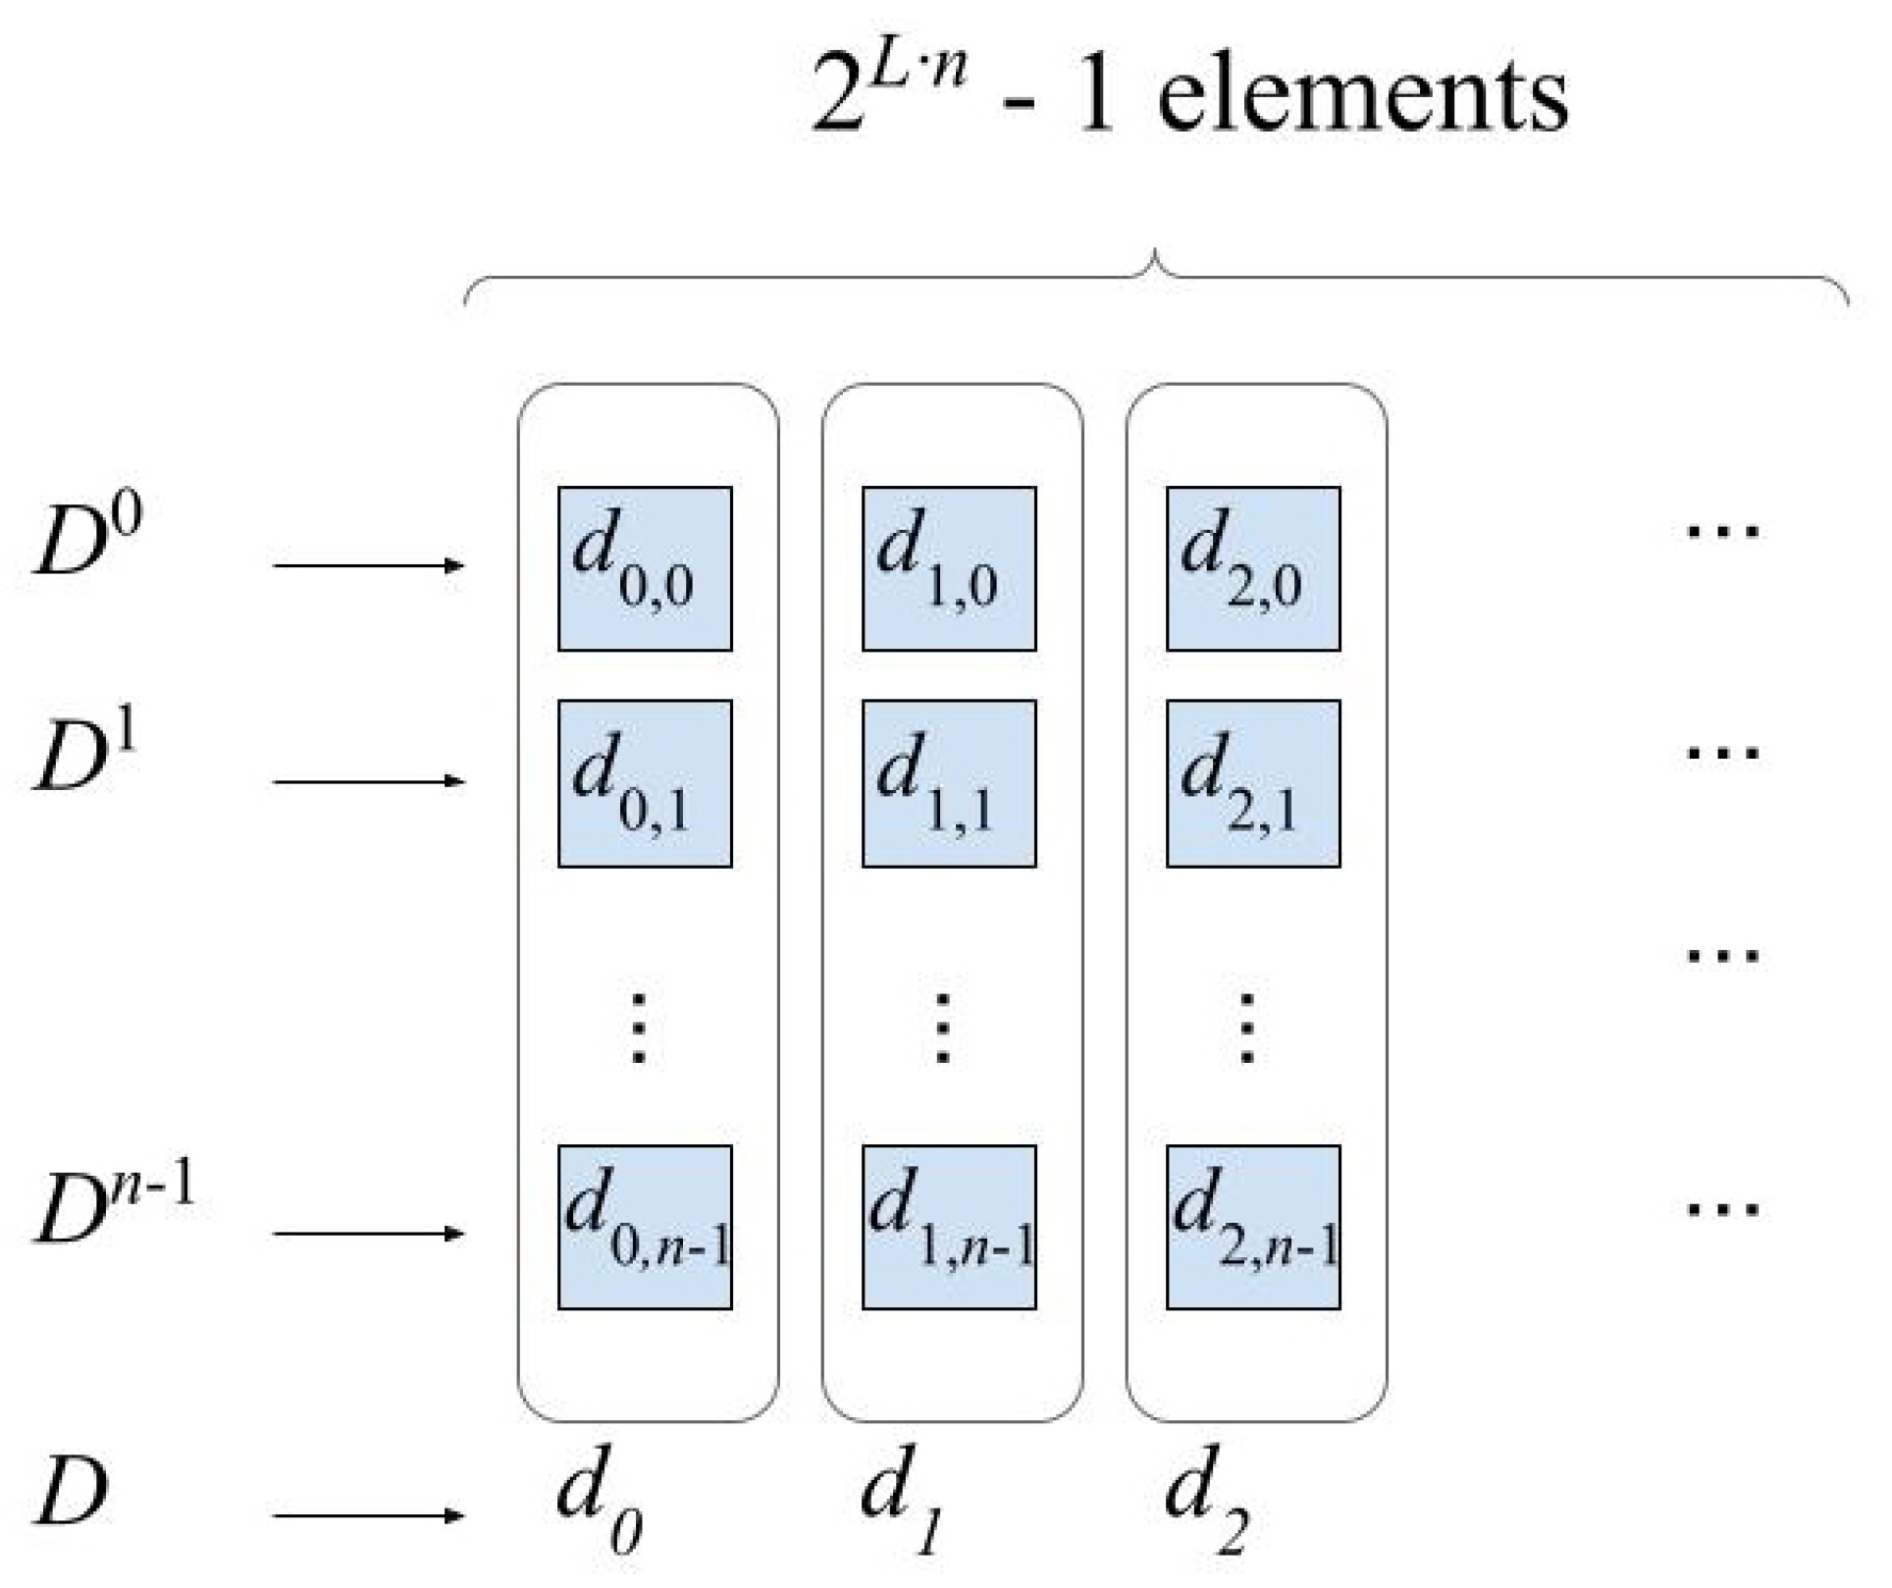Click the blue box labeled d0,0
click(x=645, y=568)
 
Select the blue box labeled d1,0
click(x=949, y=568)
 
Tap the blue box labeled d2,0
click(x=1253, y=568)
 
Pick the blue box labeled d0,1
click(x=645, y=783)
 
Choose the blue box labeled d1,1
click(x=949, y=783)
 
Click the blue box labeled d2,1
click(x=1253, y=783)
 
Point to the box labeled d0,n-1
click(x=645, y=1227)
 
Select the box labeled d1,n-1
click(x=949, y=1227)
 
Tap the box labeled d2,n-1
click(x=1253, y=1227)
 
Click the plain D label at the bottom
click(x=71, y=1492)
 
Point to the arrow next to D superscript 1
click(x=367, y=781)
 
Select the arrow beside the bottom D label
click(x=367, y=1515)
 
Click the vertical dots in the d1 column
click(x=942, y=1029)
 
